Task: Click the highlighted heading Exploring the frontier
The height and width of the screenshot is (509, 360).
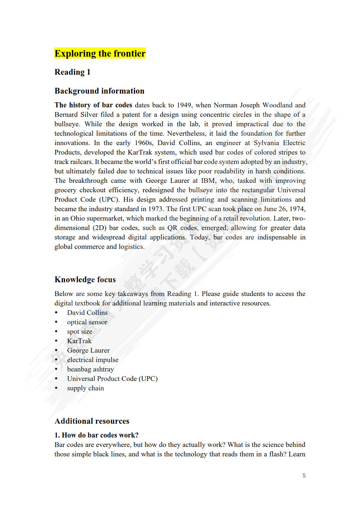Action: (x=100, y=53)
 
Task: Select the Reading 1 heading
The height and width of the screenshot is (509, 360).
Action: (x=72, y=72)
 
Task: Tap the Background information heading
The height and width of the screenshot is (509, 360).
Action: (x=99, y=91)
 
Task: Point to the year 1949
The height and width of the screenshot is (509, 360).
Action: (x=184, y=105)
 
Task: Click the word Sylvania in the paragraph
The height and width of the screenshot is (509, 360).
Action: (x=267, y=143)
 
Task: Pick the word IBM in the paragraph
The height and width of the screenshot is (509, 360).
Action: (x=208, y=181)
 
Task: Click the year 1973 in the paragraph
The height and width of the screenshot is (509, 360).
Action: (x=156, y=209)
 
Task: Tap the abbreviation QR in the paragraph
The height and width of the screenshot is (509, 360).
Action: (x=172, y=228)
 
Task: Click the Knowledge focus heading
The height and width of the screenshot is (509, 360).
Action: (x=85, y=279)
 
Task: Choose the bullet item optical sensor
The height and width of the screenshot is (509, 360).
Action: (x=87, y=322)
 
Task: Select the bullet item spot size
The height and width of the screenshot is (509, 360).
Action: (x=79, y=332)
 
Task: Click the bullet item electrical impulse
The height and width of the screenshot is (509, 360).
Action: (x=93, y=360)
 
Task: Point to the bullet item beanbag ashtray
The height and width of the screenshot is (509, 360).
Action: (x=90, y=369)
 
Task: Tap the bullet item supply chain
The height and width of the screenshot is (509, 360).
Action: (x=85, y=388)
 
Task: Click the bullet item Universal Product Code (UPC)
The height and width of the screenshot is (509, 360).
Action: (x=112, y=379)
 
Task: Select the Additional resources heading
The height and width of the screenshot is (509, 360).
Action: (x=92, y=421)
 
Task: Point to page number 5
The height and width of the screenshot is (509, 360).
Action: (x=304, y=475)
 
